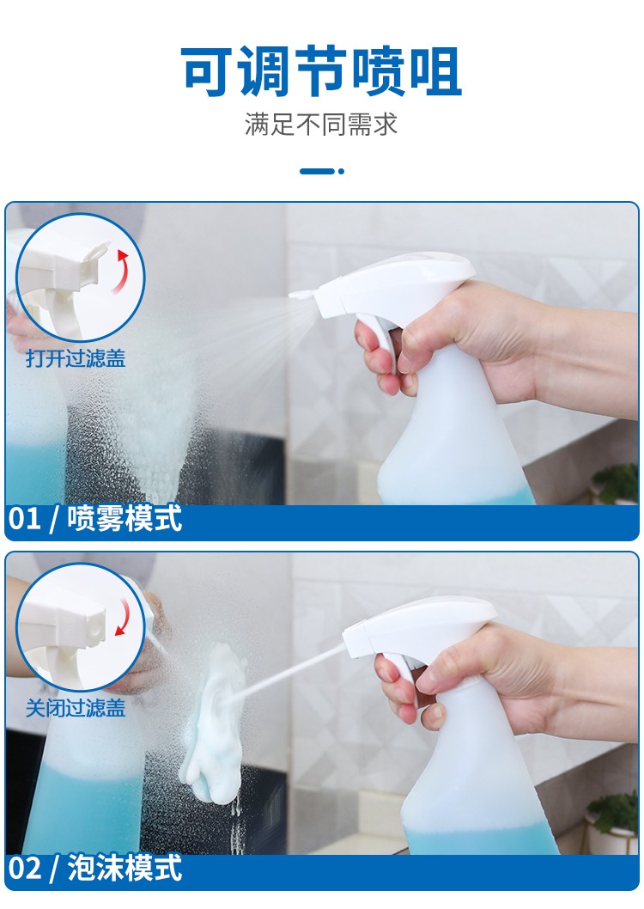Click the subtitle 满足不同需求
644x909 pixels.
(x=321, y=125)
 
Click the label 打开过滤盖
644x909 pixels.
(x=76, y=358)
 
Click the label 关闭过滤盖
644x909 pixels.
(x=76, y=708)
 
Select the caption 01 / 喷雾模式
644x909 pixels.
(x=95, y=520)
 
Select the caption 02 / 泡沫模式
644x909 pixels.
(x=95, y=868)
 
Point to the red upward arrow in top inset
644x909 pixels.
(x=125, y=271)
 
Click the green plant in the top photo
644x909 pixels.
(x=617, y=482)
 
